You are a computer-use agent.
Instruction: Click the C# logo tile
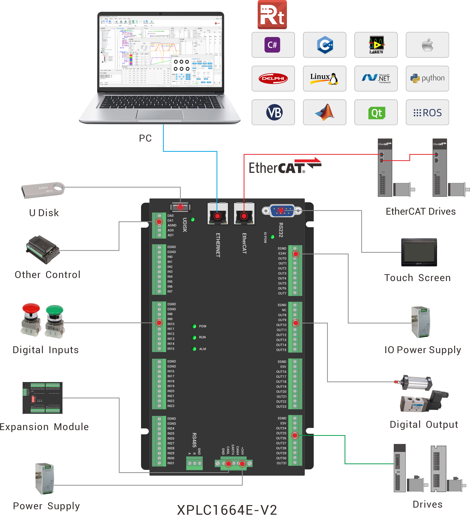point(273,45)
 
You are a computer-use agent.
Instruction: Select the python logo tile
point(427,78)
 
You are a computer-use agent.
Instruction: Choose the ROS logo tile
point(427,113)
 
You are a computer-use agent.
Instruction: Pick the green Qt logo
point(376,113)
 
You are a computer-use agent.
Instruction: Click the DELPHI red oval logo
point(273,78)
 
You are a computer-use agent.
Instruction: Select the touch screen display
point(419,252)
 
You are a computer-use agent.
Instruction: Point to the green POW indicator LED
point(194,326)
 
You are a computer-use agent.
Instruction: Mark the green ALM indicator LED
point(194,349)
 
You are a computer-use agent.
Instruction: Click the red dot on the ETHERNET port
point(217,216)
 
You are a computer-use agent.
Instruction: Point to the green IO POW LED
point(272,237)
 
